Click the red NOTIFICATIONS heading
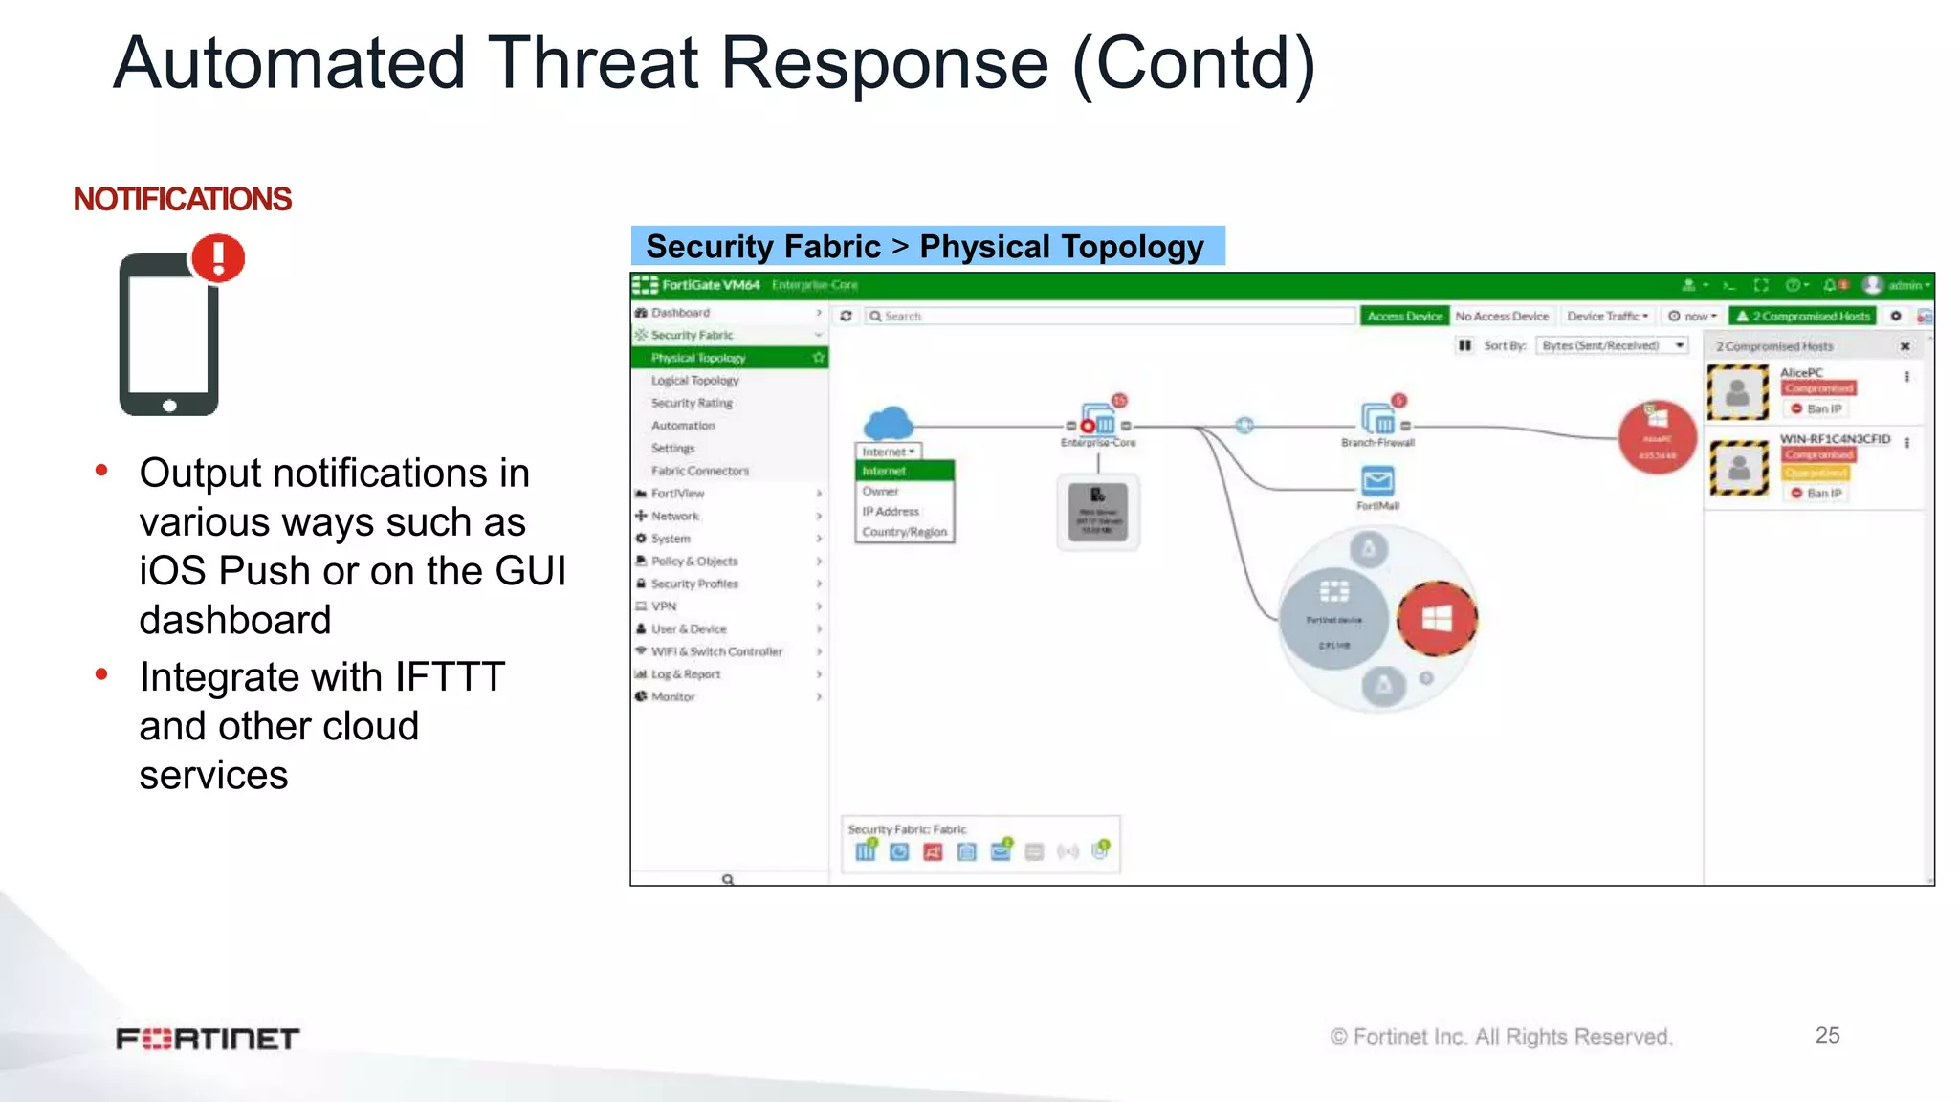click(182, 199)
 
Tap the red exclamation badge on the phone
click(218, 258)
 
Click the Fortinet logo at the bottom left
click(208, 1039)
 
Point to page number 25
click(1827, 1035)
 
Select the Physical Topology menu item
click(698, 358)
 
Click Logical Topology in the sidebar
click(694, 381)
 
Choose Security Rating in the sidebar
click(692, 403)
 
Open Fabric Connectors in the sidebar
click(699, 471)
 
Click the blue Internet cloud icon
click(888, 422)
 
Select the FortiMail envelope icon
click(1377, 480)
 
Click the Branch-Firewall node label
click(1377, 443)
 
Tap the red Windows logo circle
click(1436, 619)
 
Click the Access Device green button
click(1404, 316)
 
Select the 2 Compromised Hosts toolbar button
click(1803, 316)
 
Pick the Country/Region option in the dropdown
click(904, 532)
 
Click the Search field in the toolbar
click(1110, 316)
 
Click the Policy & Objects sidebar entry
click(693, 562)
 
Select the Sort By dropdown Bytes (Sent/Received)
click(1613, 345)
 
